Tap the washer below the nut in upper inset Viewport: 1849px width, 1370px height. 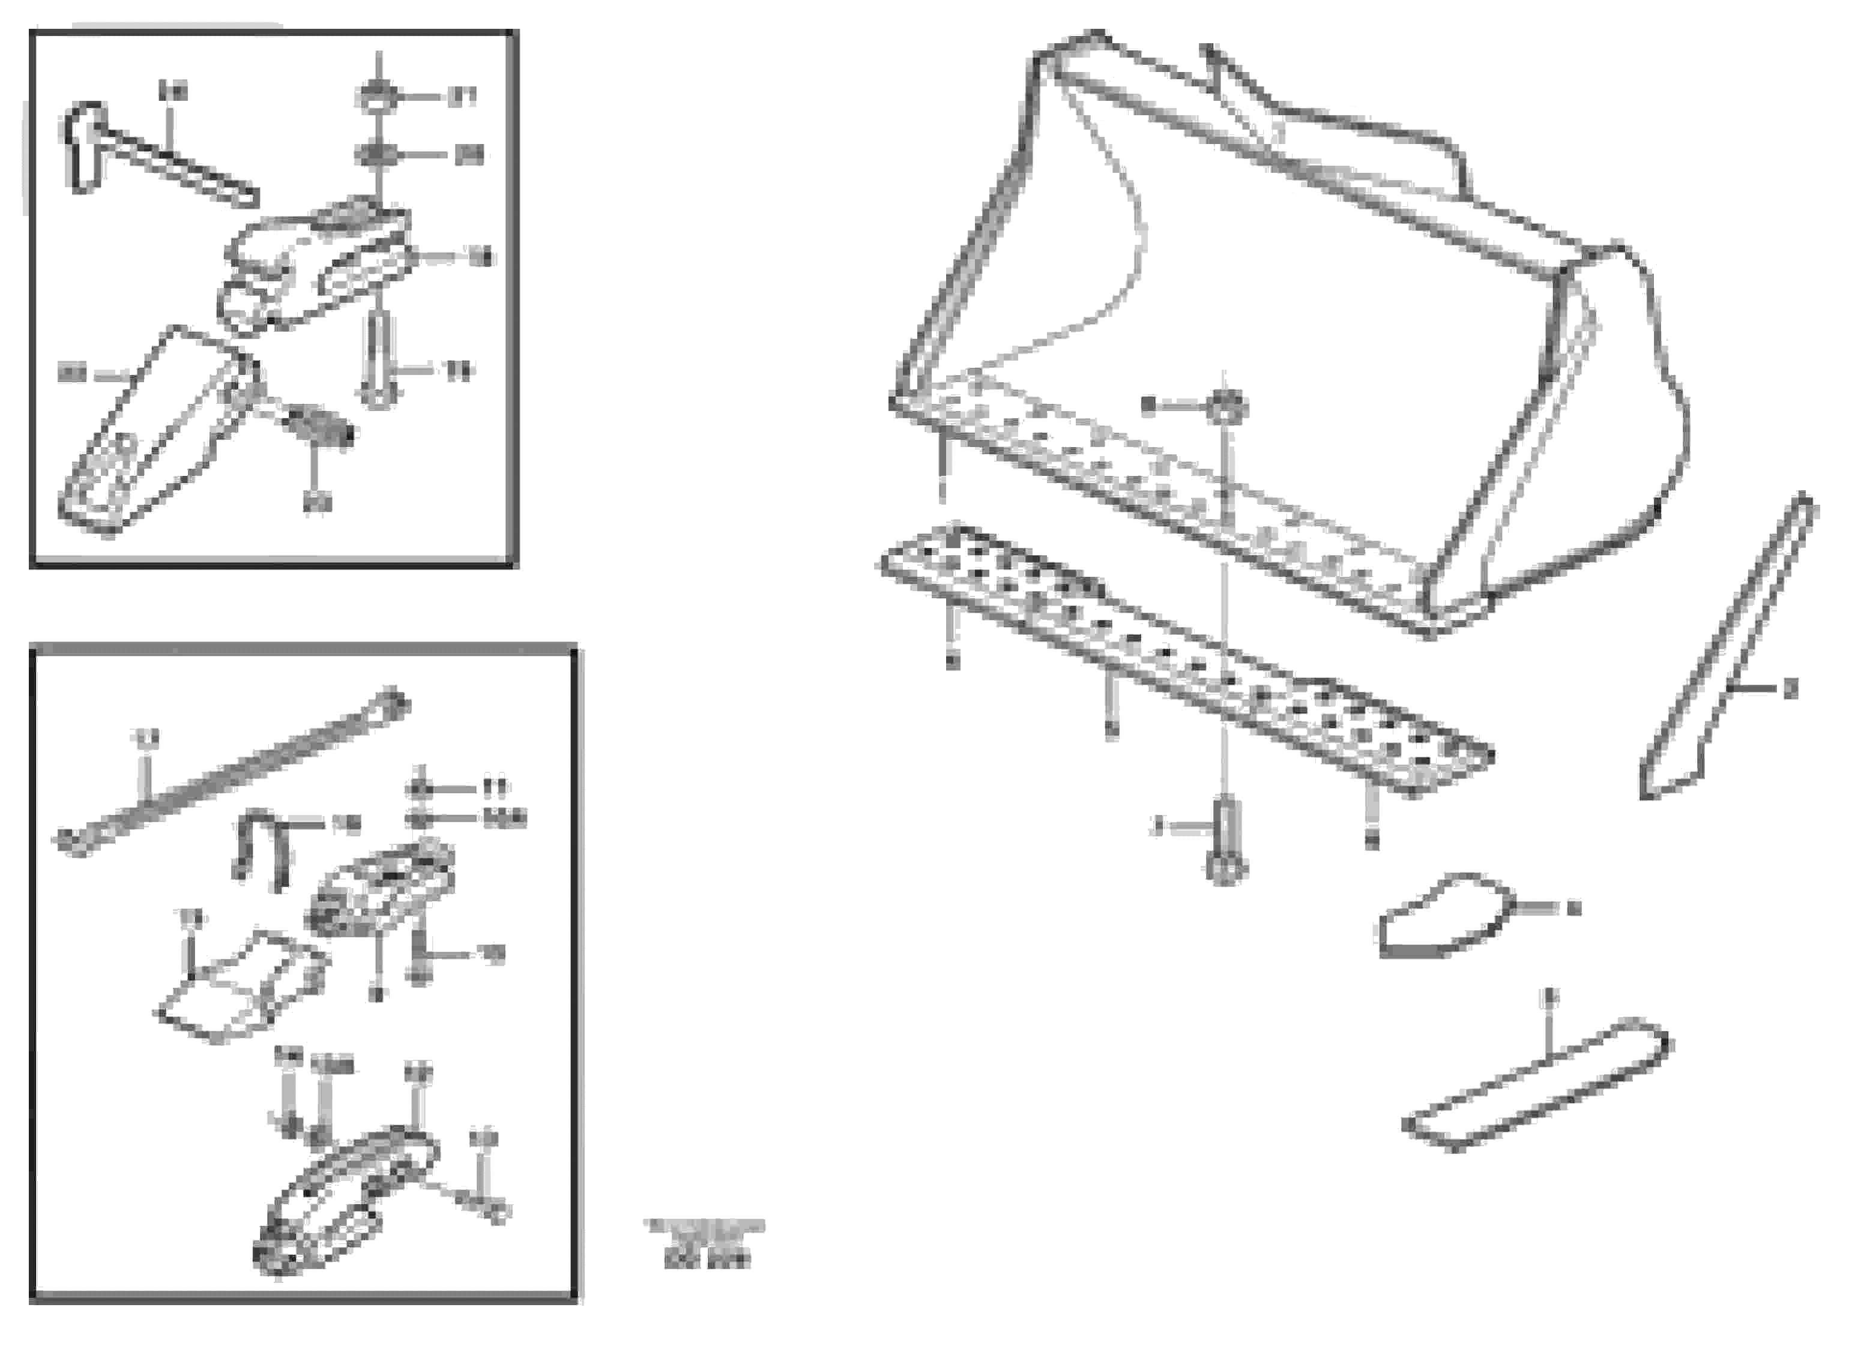coord(378,154)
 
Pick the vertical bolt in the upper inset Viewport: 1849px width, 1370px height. coord(378,361)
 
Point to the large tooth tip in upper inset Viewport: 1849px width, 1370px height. coord(149,439)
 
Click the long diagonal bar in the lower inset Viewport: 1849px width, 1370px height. coord(232,771)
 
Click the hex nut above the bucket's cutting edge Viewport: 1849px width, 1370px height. coord(1226,406)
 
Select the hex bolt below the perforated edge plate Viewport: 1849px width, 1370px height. coord(1226,842)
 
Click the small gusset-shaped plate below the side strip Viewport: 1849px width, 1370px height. coord(1443,916)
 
